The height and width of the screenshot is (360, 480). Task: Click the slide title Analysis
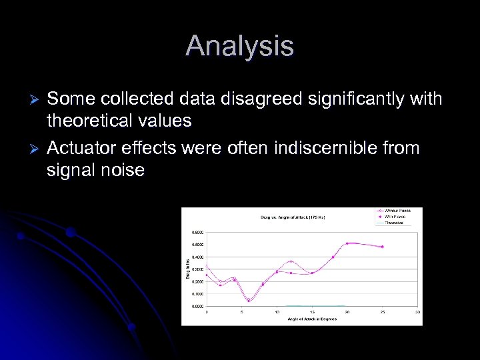(x=239, y=46)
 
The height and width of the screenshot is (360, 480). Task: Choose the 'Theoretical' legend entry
(x=394, y=223)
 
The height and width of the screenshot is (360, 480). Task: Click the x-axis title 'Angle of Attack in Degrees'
(x=312, y=319)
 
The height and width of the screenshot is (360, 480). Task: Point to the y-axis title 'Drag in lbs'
(x=187, y=269)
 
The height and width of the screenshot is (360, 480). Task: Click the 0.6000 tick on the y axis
(x=198, y=232)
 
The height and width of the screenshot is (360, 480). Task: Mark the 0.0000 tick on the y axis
(x=198, y=306)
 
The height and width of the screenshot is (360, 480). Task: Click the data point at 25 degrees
(x=383, y=247)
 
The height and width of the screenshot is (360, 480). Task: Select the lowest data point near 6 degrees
(x=249, y=301)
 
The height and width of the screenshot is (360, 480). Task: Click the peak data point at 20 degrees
(x=347, y=243)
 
